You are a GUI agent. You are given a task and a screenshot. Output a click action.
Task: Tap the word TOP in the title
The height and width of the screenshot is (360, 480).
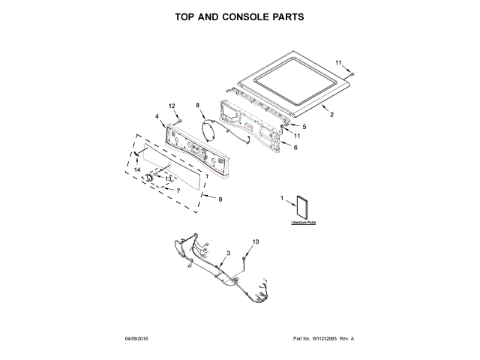click(x=187, y=16)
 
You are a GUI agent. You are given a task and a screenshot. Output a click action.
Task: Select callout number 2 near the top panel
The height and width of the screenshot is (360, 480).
click(x=332, y=115)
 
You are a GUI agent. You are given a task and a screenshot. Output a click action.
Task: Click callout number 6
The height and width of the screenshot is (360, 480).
click(x=295, y=148)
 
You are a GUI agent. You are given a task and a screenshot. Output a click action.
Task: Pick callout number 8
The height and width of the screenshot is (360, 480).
click(x=198, y=106)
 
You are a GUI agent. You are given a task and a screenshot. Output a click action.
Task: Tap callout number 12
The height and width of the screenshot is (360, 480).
click(x=172, y=106)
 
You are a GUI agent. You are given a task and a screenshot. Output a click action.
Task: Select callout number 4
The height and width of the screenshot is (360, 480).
click(x=157, y=117)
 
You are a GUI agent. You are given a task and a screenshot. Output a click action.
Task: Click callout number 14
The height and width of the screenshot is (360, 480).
click(x=137, y=171)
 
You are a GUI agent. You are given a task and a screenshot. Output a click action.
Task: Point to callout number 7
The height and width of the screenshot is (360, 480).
click(x=178, y=190)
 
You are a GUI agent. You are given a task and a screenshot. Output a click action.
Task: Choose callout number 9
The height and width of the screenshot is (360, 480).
click(x=220, y=199)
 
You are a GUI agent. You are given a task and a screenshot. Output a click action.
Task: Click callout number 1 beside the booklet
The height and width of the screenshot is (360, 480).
click(x=283, y=199)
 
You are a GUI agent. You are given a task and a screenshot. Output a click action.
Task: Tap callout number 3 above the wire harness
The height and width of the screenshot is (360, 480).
click(x=227, y=253)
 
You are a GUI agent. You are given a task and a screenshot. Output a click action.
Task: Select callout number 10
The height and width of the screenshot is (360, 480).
click(x=254, y=241)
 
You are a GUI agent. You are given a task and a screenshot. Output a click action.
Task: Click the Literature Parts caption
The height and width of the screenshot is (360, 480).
click(x=304, y=223)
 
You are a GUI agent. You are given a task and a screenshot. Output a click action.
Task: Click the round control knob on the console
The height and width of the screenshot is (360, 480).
click(x=150, y=178)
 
